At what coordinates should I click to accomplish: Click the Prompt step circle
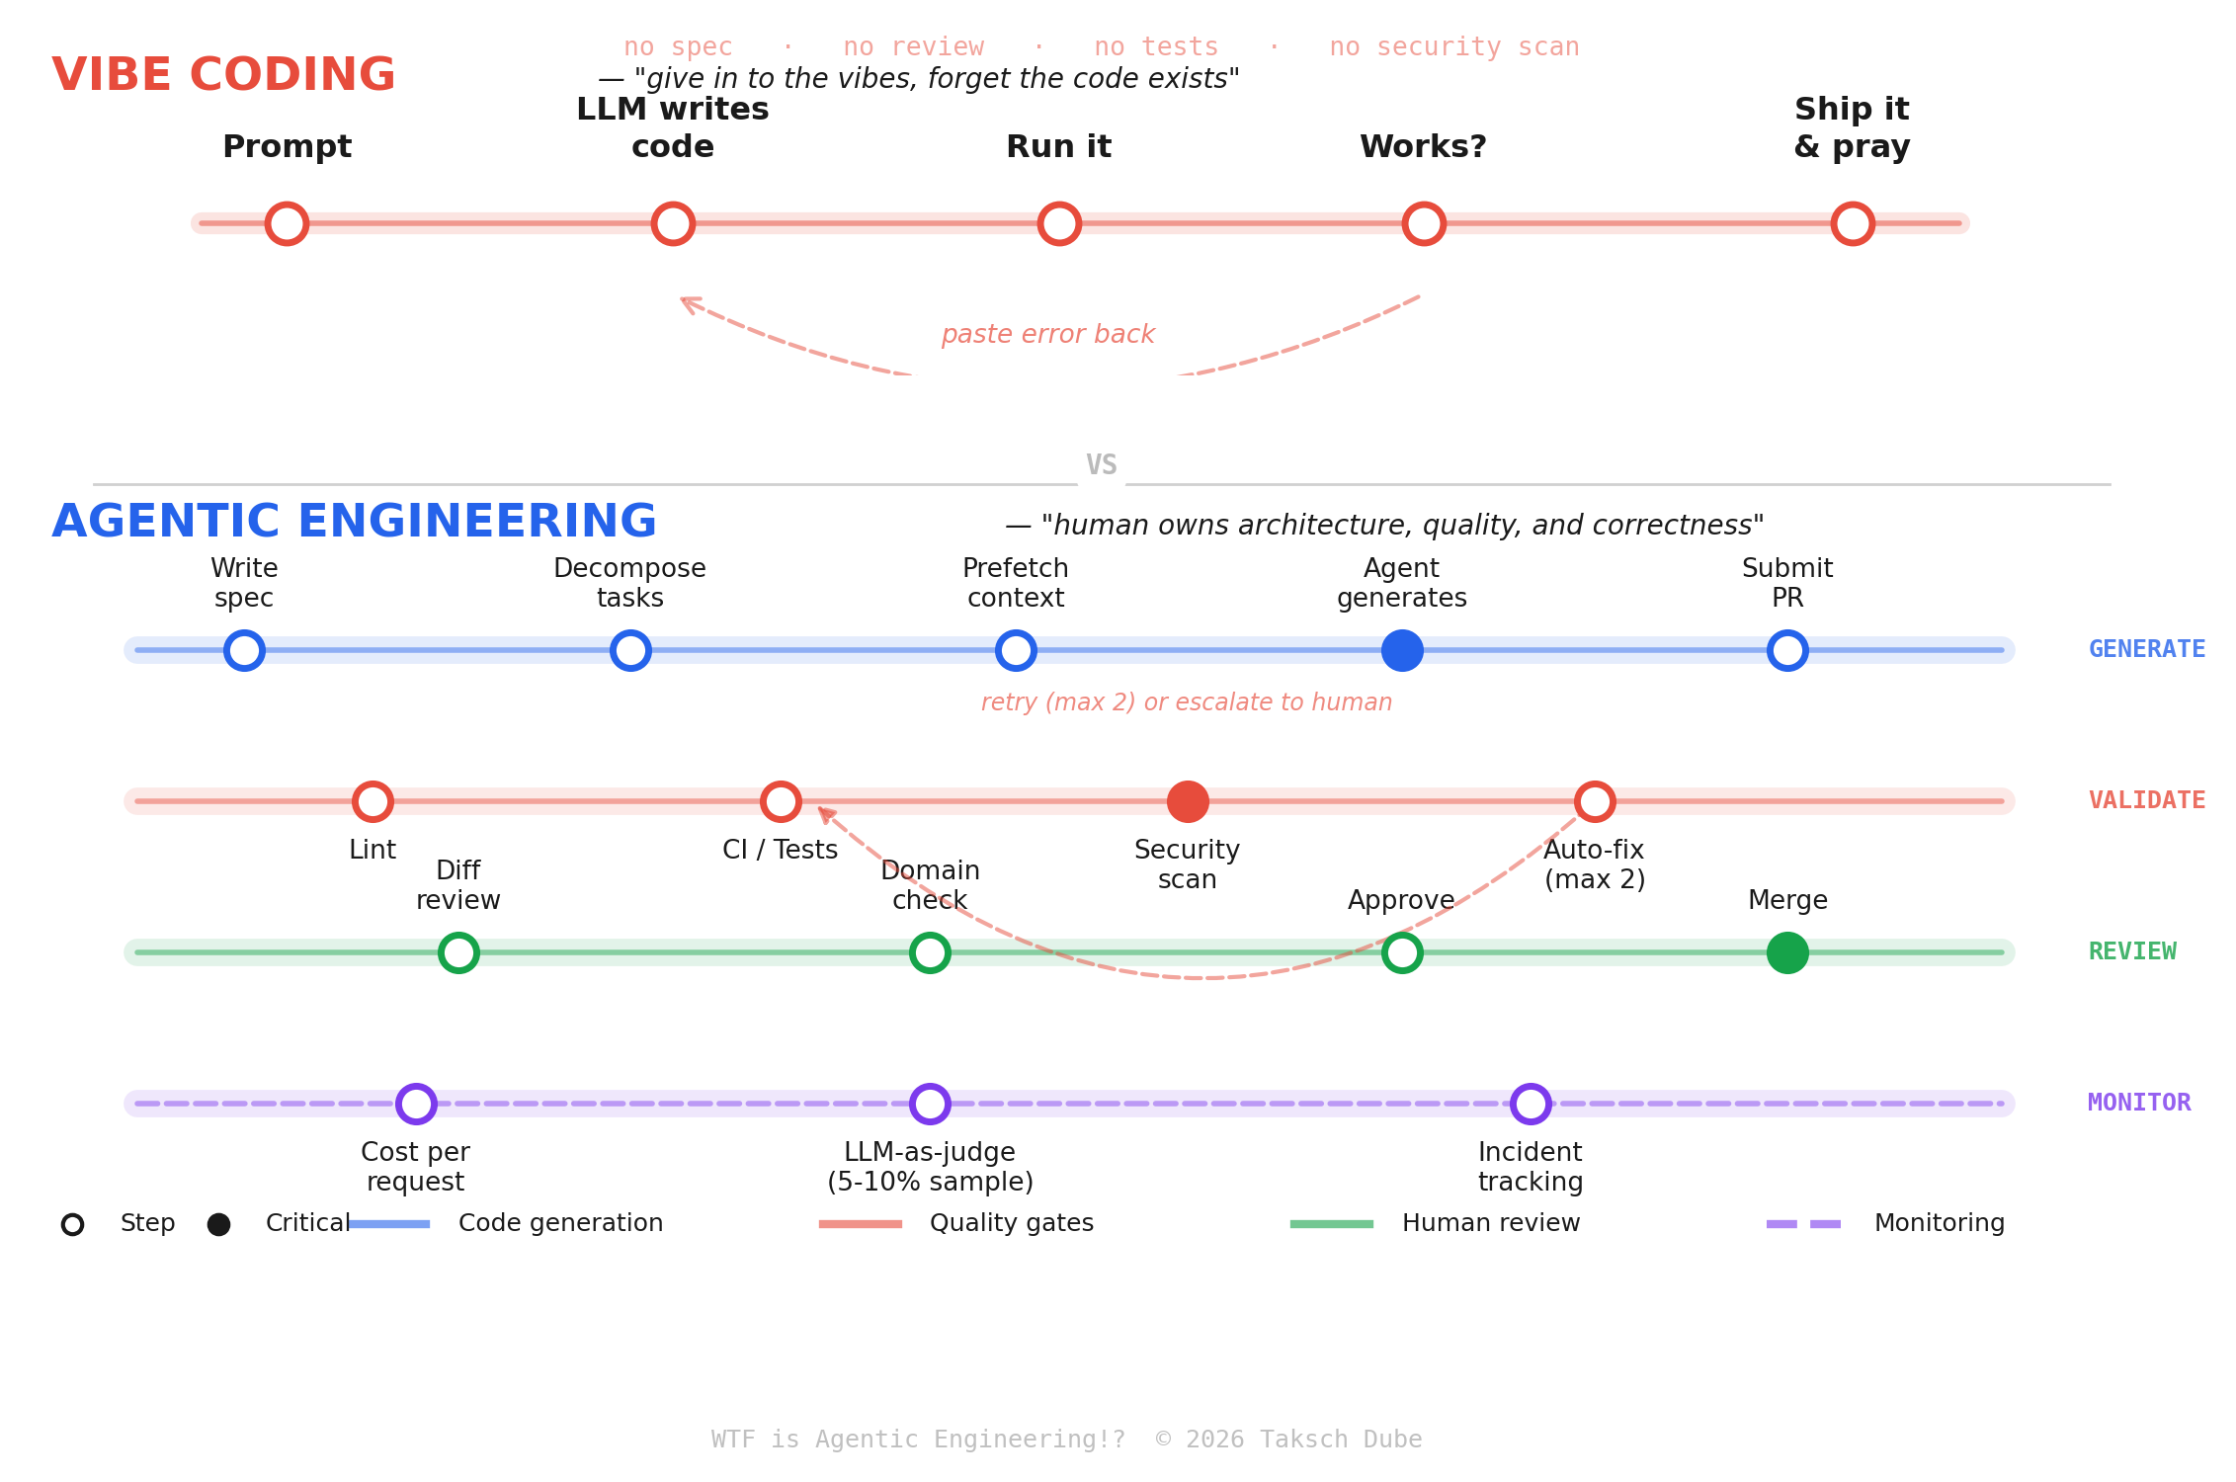click(287, 223)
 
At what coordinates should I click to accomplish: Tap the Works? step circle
click(1424, 223)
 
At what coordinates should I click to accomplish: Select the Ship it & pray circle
click(1853, 223)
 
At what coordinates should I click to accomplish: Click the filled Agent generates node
click(1402, 650)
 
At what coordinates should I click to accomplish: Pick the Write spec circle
click(244, 650)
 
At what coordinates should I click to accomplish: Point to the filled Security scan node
click(1188, 801)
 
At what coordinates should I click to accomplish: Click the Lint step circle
click(373, 801)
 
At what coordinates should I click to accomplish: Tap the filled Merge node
click(1787, 952)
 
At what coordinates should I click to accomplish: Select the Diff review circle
click(458, 952)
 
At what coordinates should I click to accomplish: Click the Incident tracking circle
click(1531, 1104)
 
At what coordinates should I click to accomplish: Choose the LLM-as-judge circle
click(930, 1104)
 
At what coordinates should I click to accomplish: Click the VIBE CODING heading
click(223, 75)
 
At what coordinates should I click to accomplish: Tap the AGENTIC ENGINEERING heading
click(354, 522)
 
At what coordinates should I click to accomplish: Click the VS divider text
click(1101, 465)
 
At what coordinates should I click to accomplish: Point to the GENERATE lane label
click(2146, 649)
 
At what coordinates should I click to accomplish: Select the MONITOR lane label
click(2139, 1103)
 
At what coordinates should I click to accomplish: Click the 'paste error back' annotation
click(1047, 334)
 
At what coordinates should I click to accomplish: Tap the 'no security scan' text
click(1453, 46)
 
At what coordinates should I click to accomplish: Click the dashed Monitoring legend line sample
click(1803, 1224)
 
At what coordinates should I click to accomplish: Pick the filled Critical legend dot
click(219, 1224)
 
